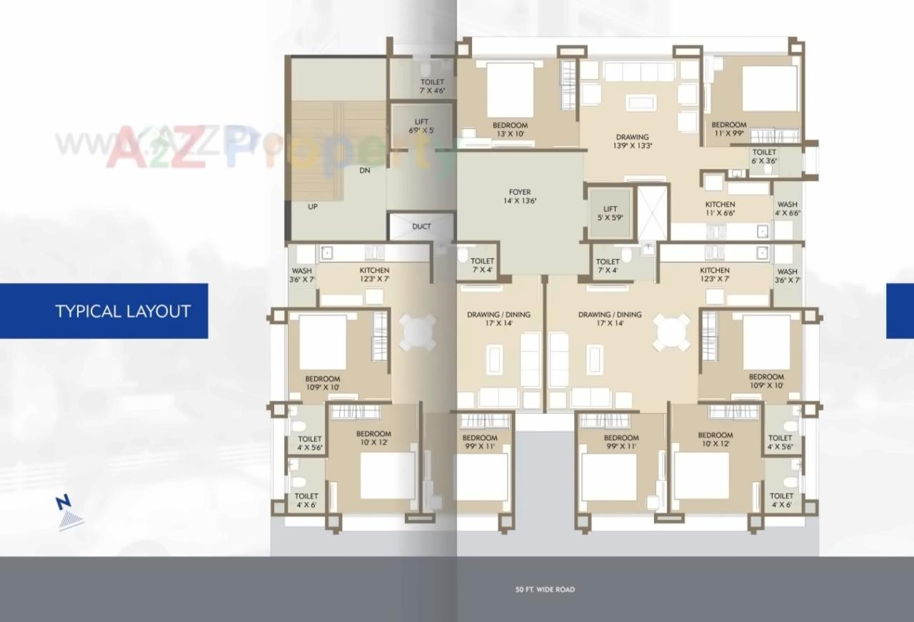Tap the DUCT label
point(421,227)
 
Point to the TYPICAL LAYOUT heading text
point(123,311)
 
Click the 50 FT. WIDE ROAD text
point(545,590)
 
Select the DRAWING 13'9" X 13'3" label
point(633,141)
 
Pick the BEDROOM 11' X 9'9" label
point(729,129)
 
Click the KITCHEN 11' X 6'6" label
point(720,208)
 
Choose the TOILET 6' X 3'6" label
point(764,156)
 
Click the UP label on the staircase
point(313,207)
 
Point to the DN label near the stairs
point(364,171)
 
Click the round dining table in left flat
point(418,332)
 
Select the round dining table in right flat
point(672,332)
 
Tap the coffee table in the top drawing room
point(641,102)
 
